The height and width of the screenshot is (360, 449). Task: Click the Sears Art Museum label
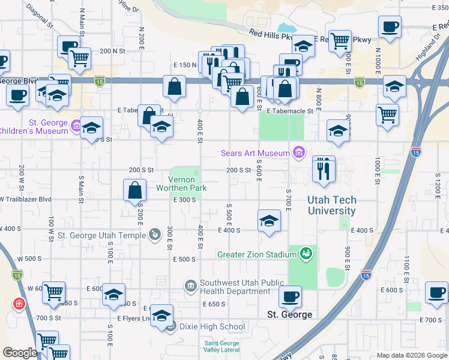(x=255, y=153)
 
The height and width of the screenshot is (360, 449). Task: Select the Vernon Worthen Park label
(x=181, y=184)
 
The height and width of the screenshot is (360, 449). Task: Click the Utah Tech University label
(x=331, y=205)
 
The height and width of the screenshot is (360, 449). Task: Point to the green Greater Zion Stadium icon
(x=307, y=254)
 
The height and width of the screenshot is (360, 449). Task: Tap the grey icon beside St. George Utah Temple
(x=155, y=234)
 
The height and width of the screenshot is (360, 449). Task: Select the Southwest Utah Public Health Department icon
(x=191, y=284)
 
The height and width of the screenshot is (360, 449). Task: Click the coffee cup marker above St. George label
(x=291, y=296)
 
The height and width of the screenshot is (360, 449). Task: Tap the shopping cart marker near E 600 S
(x=53, y=293)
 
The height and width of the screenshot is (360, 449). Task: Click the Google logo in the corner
(x=19, y=353)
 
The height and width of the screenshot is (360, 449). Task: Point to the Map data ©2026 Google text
(x=411, y=355)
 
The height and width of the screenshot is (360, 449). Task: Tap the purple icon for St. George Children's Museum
(x=76, y=126)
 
